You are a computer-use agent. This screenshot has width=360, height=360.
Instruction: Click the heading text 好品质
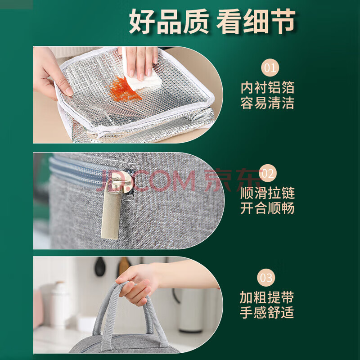tap(169, 22)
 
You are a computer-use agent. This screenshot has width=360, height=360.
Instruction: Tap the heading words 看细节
tap(256, 22)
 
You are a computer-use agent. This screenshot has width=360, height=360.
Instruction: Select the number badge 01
tap(270, 67)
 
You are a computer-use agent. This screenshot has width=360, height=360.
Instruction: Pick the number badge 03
tap(266, 278)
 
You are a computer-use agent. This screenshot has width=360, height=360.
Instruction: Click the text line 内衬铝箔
tap(267, 87)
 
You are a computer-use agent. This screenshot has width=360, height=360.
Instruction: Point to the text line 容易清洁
tap(267, 103)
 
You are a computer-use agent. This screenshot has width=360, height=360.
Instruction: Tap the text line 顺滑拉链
tap(267, 193)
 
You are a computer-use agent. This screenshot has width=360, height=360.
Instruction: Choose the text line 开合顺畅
tap(267, 208)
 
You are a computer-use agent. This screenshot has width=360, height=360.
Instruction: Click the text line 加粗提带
tap(267, 297)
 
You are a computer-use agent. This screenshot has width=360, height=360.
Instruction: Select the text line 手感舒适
tap(267, 312)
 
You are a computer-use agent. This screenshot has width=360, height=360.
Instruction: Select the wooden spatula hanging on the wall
tap(124, 266)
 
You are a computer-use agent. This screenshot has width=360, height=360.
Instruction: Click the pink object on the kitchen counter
tap(38, 309)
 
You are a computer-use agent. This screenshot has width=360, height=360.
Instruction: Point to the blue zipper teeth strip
tap(76, 171)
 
